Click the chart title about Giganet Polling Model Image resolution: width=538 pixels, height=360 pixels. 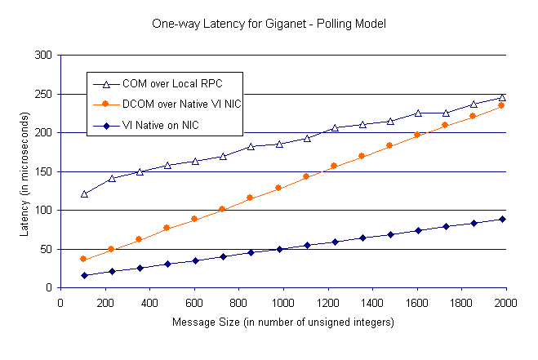(269, 24)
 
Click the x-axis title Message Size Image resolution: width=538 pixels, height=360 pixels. (283, 322)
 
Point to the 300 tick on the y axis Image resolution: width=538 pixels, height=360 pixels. (42, 56)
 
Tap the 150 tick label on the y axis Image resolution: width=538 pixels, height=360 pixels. (42, 171)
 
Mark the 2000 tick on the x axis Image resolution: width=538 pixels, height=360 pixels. (505, 300)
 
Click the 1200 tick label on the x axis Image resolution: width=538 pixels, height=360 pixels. (327, 300)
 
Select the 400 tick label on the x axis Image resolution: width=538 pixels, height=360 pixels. (149, 300)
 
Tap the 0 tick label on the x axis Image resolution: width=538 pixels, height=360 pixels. (60, 300)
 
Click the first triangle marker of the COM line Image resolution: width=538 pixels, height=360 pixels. (84, 194)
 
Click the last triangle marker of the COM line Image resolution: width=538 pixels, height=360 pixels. (502, 97)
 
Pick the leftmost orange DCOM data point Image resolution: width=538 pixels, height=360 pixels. (83, 259)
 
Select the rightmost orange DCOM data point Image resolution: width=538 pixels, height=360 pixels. (502, 105)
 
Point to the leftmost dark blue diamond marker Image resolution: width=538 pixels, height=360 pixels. (84, 275)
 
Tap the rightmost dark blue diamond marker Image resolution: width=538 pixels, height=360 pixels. (502, 219)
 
